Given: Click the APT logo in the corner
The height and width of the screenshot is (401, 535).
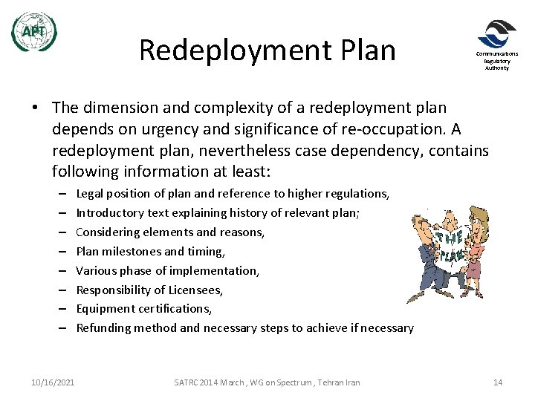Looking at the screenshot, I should coord(33,32).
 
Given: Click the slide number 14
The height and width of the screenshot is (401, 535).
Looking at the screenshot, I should coord(498,382).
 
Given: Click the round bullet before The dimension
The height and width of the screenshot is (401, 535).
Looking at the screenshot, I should coord(36,109).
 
